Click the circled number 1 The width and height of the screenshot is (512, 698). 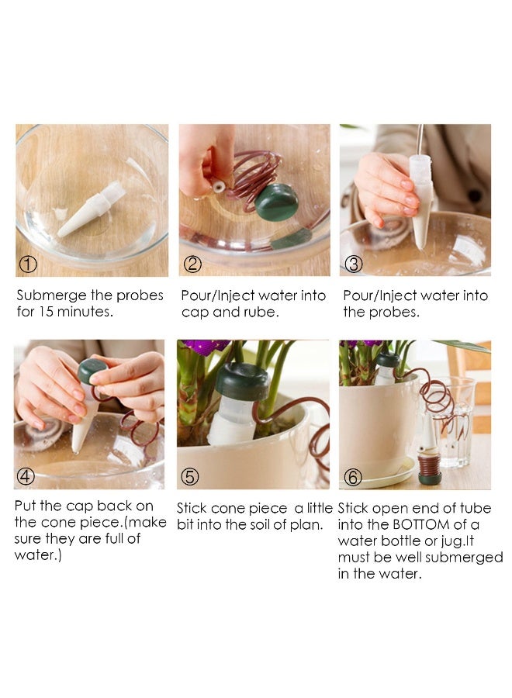[x=28, y=264]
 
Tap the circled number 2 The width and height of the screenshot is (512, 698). [x=192, y=264]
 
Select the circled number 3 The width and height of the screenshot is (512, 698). [x=354, y=264]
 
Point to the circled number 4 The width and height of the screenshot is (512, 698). [x=26, y=476]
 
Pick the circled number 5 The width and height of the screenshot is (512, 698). [x=189, y=477]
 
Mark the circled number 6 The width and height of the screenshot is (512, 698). [x=353, y=477]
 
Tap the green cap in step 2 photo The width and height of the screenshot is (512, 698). [x=276, y=202]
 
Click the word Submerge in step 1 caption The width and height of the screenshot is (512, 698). [x=52, y=296]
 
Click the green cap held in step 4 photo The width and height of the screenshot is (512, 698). [x=92, y=371]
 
